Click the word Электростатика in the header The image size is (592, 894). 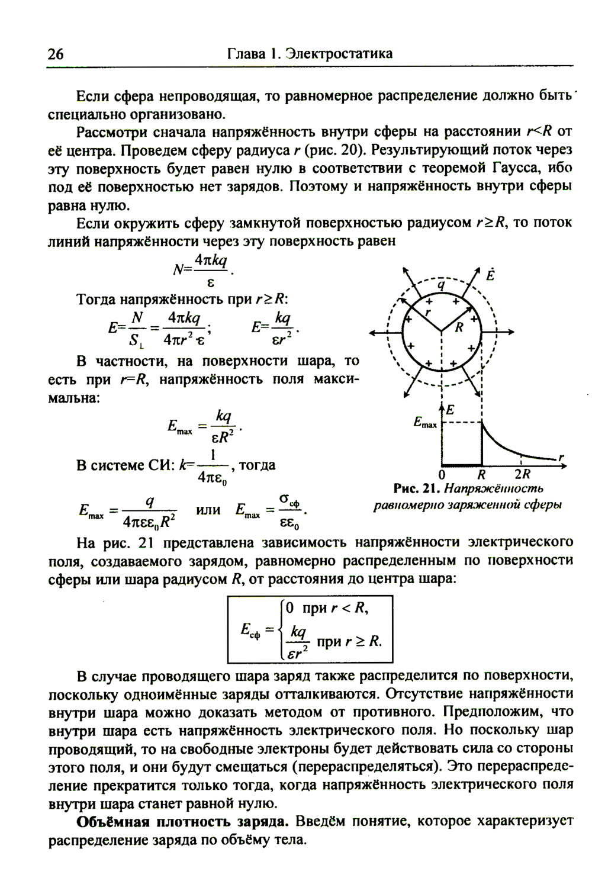[x=338, y=54]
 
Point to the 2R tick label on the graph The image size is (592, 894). [x=522, y=474]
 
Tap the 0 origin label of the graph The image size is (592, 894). [x=441, y=474]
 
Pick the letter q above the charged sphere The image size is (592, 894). [x=440, y=285]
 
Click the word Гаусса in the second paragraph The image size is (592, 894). [x=511, y=168]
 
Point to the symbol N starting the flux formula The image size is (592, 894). [x=178, y=269]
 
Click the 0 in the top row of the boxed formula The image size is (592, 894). [x=289, y=608]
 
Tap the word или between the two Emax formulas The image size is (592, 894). [x=208, y=509]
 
